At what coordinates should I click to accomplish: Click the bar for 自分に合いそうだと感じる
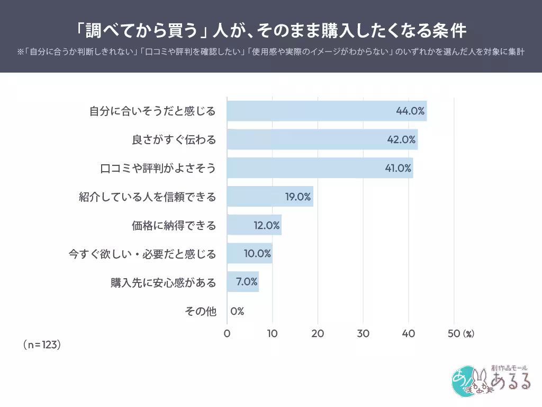click(327, 111)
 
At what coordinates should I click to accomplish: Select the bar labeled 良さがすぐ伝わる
click(322, 140)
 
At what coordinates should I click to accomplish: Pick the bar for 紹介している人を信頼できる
click(270, 197)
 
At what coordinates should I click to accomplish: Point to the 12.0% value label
click(266, 225)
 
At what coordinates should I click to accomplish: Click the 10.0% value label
click(257, 254)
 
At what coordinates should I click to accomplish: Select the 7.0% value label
click(247, 282)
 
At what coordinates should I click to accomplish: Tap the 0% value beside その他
click(237, 311)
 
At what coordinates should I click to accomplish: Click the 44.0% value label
click(410, 111)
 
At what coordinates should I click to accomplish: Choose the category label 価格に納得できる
click(174, 225)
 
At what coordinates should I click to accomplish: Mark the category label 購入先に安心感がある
click(164, 282)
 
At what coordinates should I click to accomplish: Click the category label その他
click(201, 311)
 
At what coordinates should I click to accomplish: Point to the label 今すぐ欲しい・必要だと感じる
click(142, 254)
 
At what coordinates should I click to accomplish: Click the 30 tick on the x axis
click(363, 334)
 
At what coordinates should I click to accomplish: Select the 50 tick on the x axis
click(454, 334)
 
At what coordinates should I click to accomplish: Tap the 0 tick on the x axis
click(227, 334)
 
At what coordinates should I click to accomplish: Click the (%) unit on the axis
click(468, 334)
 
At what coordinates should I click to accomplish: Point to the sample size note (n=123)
click(42, 344)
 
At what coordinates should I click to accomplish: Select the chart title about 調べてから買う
click(270, 30)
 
